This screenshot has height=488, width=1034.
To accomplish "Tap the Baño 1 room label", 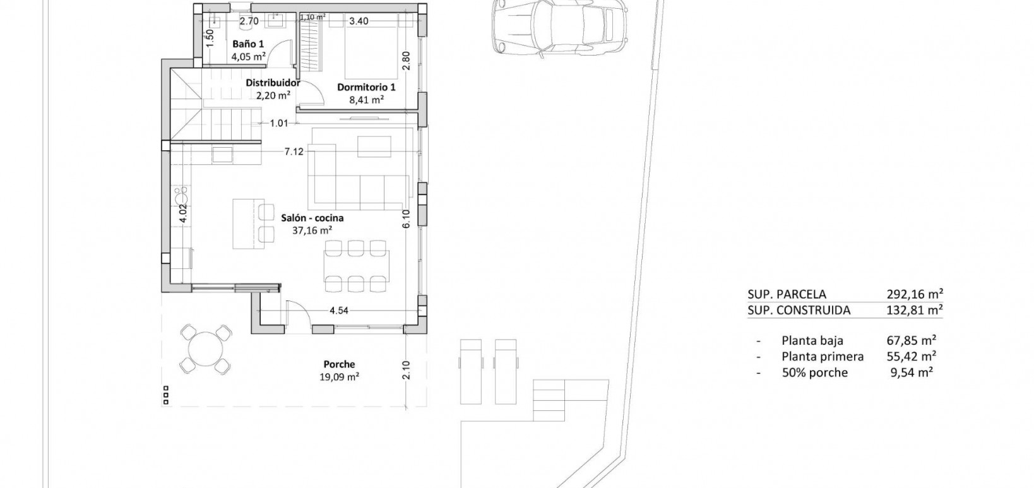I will (x=248, y=44).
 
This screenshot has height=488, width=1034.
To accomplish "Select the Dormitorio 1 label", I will (x=366, y=88).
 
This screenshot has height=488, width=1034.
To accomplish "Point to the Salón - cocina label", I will (x=312, y=218).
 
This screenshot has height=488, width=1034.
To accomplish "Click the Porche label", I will (x=339, y=364).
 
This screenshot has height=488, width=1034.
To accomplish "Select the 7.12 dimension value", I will (x=294, y=152).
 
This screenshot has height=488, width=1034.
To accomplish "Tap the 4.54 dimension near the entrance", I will (x=339, y=311).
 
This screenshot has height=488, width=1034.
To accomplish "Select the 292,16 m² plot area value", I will (x=915, y=294).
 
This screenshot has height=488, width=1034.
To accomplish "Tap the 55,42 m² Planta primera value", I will (x=911, y=356).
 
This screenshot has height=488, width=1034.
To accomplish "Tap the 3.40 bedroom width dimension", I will (x=359, y=21).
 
